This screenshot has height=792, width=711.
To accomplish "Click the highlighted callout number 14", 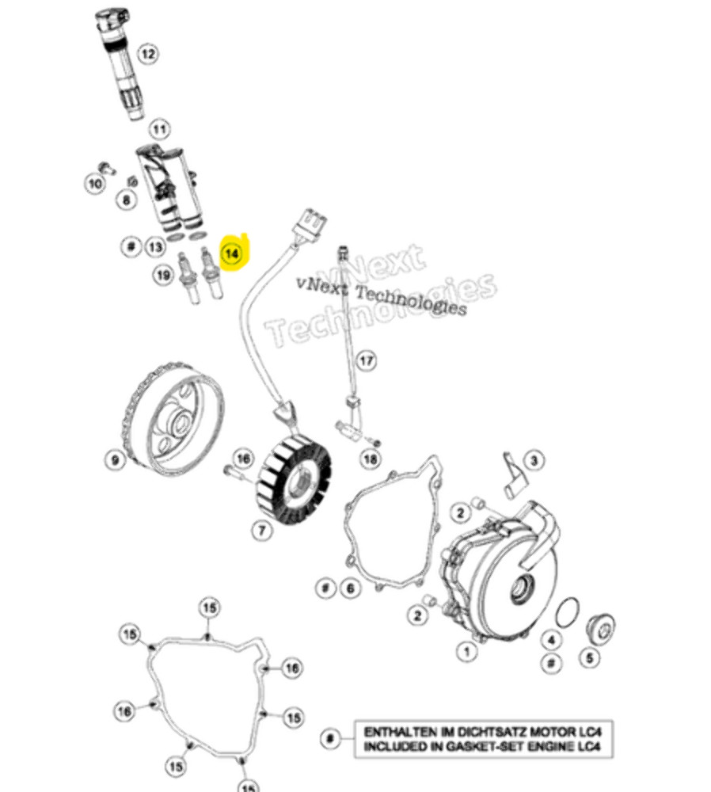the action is coord(232,253).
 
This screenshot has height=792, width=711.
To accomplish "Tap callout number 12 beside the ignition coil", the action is coord(147,54).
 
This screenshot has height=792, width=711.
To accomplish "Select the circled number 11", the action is coord(160,129).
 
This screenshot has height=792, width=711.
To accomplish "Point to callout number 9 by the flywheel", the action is coord(116,460).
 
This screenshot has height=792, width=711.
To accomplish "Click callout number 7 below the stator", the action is coord(261,531).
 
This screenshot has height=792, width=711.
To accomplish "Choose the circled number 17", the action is coord(367,361).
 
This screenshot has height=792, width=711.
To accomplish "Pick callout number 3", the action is coord(534,460).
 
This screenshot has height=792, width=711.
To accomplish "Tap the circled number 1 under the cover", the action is coord(466,651).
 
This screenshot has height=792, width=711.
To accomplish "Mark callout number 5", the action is coord(589,657).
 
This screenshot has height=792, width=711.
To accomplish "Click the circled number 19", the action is coord(163,276).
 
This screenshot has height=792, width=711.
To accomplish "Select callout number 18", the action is coord(370,459).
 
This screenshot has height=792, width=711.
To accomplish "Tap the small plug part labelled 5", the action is coord(600,629).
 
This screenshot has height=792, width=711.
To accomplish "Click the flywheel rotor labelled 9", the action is coord(173,418).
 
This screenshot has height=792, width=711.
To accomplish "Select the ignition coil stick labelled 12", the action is coord(120,63).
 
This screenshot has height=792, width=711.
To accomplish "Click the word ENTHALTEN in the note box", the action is coord(398,732).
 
